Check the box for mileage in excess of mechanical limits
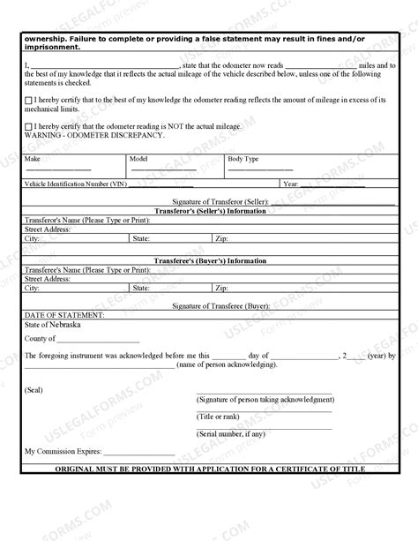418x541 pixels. pos(29,101)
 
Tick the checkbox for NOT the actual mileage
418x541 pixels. pos(29,127)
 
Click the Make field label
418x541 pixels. pos(33,159)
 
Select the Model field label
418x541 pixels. pos(138,159)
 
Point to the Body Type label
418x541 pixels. pos(243,159)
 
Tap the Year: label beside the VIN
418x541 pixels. pos(291,184)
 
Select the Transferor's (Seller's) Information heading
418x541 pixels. pos(210,212)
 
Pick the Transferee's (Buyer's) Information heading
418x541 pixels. pos(210,261)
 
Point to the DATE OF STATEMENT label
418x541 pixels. pos(64,314)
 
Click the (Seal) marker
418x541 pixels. pos(34,389)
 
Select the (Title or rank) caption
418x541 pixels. pos(217,416)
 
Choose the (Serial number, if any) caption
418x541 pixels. pos(230,433)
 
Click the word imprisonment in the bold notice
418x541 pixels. pos(56,47)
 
